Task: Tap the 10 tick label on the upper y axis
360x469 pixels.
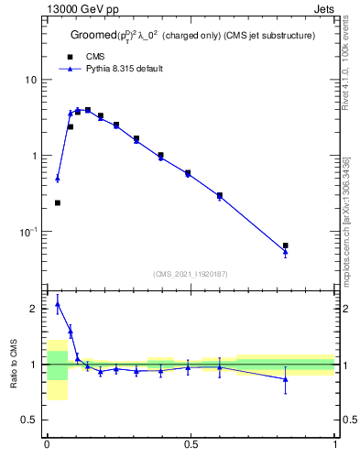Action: pos(31,80)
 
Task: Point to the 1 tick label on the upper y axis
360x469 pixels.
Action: pos(34,156)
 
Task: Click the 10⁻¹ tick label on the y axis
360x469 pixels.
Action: pos(28,232)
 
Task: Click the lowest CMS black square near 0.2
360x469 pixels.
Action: pos(58,202)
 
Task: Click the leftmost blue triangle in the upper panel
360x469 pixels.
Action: pos(58,179)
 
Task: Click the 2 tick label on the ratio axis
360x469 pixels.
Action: pos(34,310)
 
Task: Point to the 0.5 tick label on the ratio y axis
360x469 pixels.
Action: pos(29,420)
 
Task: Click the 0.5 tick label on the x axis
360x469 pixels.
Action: pos(191,444)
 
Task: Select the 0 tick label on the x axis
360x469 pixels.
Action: pos(47,444)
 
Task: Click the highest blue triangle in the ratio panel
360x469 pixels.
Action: pos(58,303)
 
